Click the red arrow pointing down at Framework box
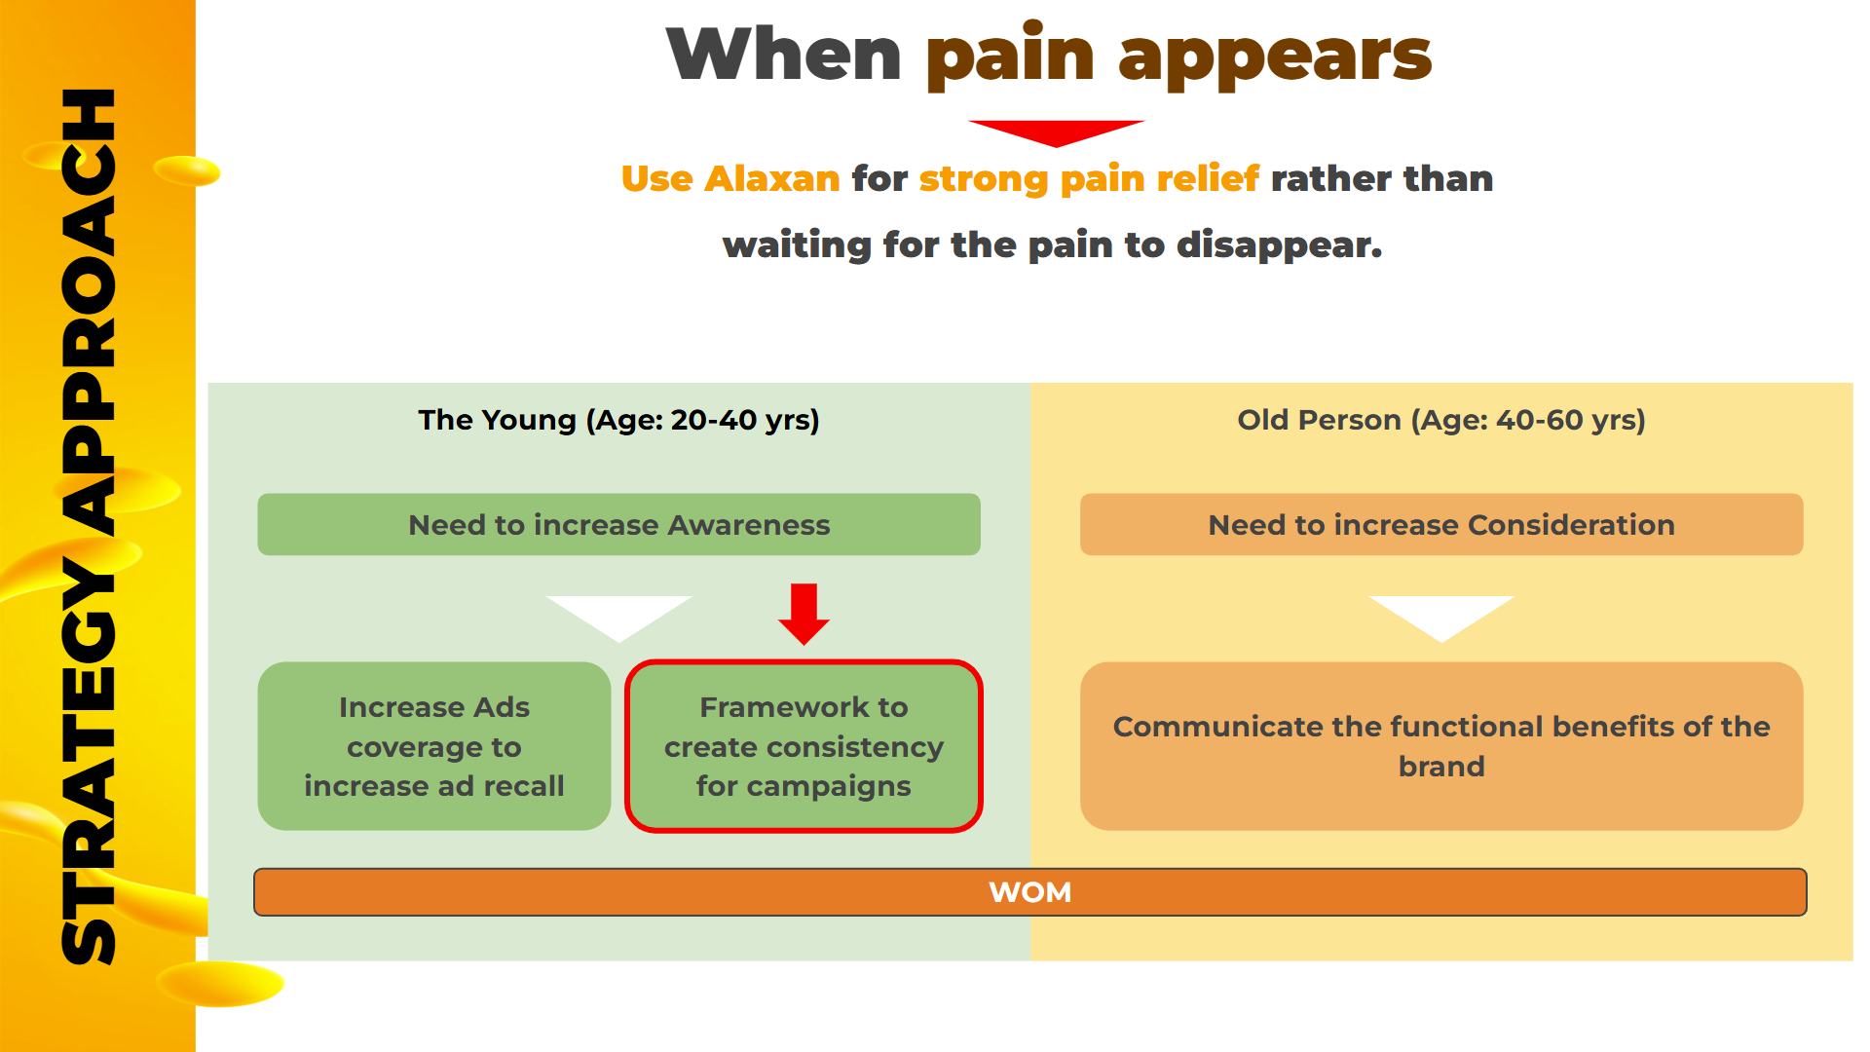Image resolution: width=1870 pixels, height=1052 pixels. (x=804, y=614)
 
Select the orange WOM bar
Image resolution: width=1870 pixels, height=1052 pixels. (x=1030, y=892)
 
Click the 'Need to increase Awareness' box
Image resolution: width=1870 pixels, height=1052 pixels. (x=618, y=524)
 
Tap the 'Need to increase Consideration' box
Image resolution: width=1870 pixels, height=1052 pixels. (x=1441, y=524)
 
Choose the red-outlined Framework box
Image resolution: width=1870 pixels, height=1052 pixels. (x=804, y=746)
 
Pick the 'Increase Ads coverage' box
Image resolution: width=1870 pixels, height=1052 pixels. (x=434, y=746)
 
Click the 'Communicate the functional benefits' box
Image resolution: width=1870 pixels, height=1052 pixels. (x=1441, y=746)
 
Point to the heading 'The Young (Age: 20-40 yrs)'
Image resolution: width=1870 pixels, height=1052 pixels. (x=618, y=420)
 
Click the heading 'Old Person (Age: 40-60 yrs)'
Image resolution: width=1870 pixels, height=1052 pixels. (x=1441, y=420)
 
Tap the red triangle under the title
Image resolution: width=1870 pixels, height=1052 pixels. (x=1057, y=131)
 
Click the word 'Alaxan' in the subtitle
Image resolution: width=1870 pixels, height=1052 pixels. (x=772, y=178)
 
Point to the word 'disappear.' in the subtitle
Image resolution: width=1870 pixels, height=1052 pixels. (x=1280, y=244)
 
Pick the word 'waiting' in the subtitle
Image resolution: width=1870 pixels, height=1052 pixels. (x=797, y=244)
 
